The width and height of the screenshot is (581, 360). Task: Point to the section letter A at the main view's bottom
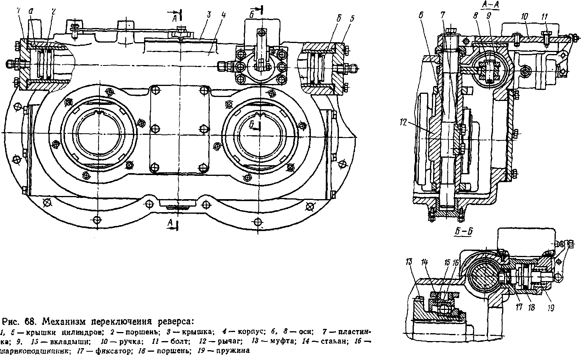point(170,223)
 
